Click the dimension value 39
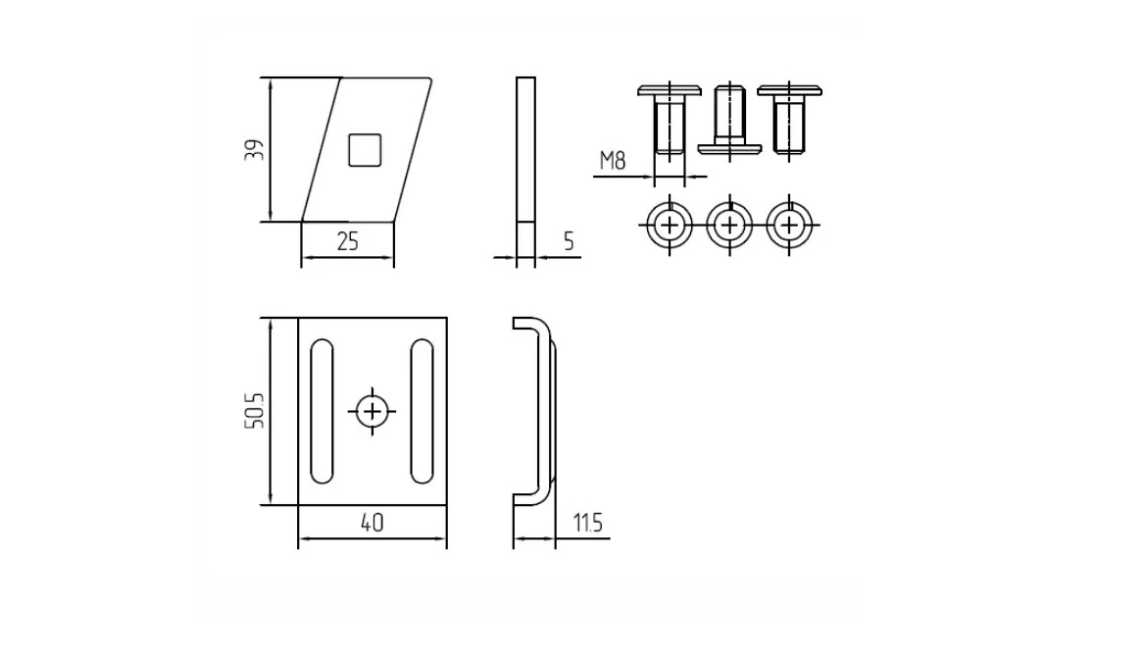pyautogui.click(x=255, y=150)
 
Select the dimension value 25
pyautogui.click(x=348, y=241)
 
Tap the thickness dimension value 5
pyautogui.click(x=570, y=241)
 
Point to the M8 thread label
pyautogui.click(x=613, y=160)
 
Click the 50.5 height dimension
pyautogui.click(x=255, y=410)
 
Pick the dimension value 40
pyautogui.click(x=372, y=523)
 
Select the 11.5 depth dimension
pyautogui.click(x=587, y=523)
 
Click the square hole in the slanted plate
pyautogui.click(x=365, y=150)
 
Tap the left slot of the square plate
pyautogui.click(x=323, y=412)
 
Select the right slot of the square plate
pyautogui.click(x=422, y=412)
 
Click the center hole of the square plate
pyautogui.click(x=373, y=412)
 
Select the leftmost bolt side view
pyautogui.click(x=670, y=120)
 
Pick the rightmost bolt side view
pyautogui.click(x=789, y=120)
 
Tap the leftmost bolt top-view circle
pyautogui.click(x=670, y=225)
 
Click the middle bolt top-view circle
pyautogui.click(x=729, y=225)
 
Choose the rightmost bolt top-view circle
pyautogui.click(x=789, y=225)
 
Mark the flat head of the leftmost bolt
pyautogui.click(x=670, y=90)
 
